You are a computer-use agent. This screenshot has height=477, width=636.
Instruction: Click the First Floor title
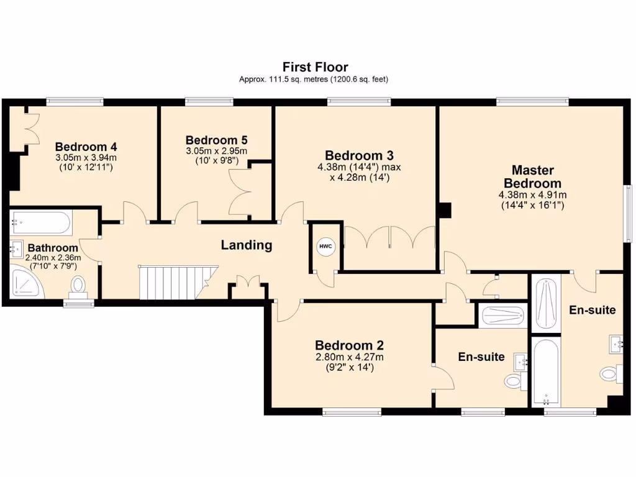tap(315, 66)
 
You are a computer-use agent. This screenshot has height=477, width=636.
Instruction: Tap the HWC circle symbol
tap(325, 247)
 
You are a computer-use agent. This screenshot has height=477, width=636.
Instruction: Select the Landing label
tap(247, 245)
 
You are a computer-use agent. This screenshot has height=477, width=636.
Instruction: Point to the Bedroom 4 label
tap(86, 147)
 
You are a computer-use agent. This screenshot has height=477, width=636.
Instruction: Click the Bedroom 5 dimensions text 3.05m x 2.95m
tap(216, 151)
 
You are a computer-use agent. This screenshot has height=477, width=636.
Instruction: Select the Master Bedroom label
tap(532, 176)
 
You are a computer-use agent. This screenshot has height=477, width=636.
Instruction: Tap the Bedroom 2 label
tap(349, 345)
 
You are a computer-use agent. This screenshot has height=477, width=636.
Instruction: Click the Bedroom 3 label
tap(359, 155)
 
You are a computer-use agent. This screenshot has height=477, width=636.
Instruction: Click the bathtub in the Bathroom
tap(41, 222)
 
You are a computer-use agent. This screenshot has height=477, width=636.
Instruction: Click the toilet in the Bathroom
tap(78, 286)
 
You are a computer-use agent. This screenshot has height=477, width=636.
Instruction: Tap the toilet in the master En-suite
tap(609, 373)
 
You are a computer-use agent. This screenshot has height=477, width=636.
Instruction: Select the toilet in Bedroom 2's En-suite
tap(513, 380)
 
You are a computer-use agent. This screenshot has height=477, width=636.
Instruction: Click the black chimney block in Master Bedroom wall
tap(444, 211)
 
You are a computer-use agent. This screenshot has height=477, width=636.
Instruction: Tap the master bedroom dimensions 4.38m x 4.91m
tap(532, 194)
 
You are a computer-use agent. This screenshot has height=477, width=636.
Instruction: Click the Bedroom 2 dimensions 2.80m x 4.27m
tap(349, 357)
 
